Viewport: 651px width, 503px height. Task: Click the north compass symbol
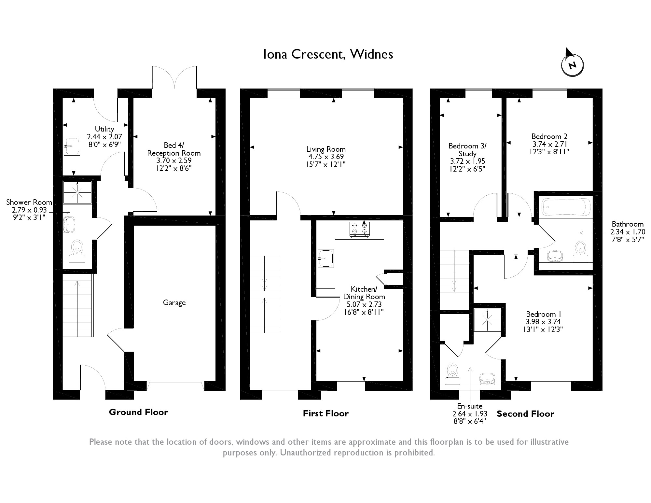[572, 64]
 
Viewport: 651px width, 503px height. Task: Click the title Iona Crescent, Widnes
[328, 54]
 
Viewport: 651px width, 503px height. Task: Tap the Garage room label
[174, 303]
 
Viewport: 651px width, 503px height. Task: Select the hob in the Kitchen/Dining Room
[360, 230]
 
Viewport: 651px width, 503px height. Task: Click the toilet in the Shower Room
[77, 251]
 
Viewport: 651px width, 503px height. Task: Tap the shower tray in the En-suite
[487, 320]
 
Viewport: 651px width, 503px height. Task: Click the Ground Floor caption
[138, 412]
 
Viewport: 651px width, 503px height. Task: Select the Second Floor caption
[525, 414]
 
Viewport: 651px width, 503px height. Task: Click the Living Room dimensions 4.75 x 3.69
[326, 157]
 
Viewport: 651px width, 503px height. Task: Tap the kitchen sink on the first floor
[326, 258]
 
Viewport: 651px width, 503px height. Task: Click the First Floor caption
[326, 413]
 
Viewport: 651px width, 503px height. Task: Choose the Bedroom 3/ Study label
[467, 150]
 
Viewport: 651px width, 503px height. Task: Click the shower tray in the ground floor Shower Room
[77, 192]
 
